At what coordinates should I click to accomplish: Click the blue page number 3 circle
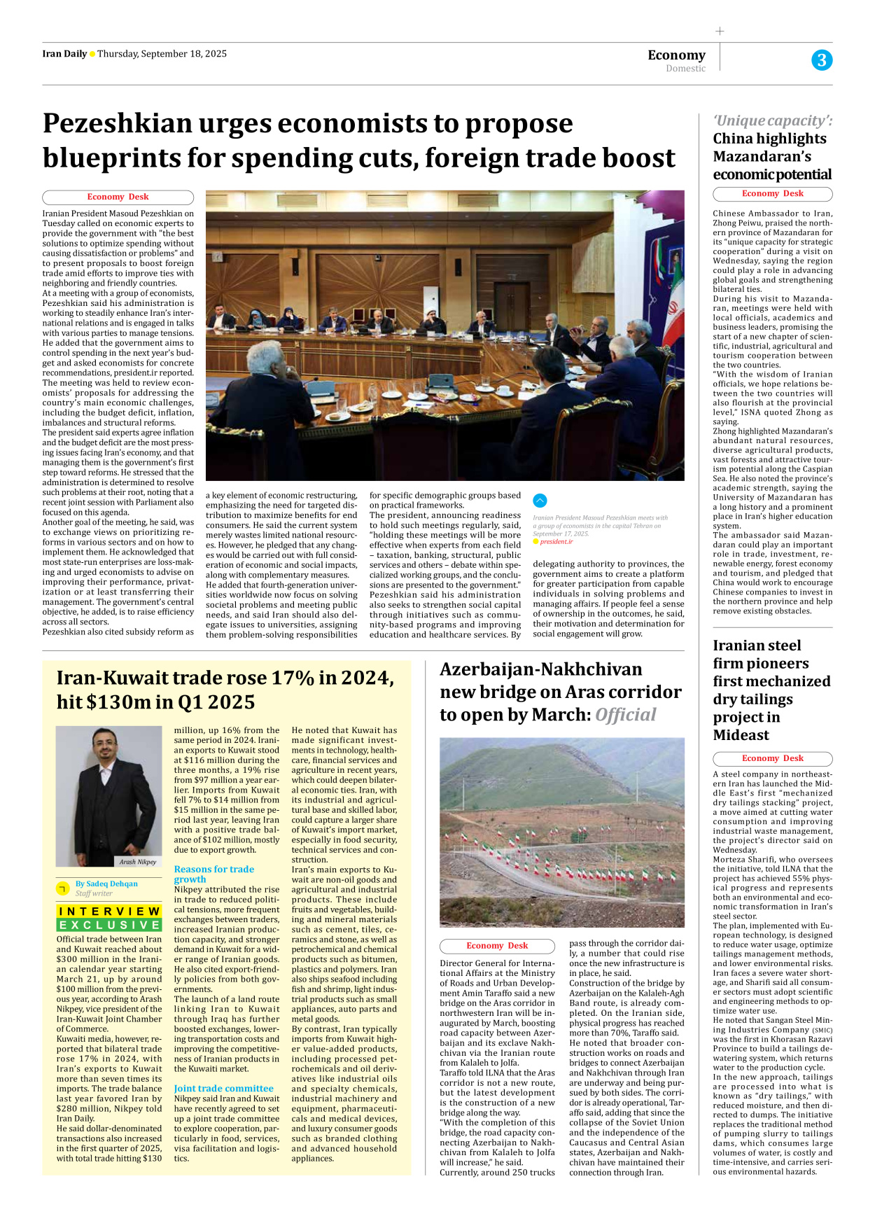coord(822,60)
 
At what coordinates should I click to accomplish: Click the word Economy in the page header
coord(676,55)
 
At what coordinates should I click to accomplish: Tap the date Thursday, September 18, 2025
coord(162,54)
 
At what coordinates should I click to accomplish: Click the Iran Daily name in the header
coord(64,54)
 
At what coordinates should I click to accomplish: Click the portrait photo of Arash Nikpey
coord(108,795)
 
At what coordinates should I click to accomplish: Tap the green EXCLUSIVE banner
coord(109,925)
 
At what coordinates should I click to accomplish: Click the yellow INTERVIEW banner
coord(109,911)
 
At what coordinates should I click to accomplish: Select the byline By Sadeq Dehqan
coord(106,884)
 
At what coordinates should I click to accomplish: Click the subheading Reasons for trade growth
coord(213,874)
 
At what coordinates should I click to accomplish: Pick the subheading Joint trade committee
coord(223,1088)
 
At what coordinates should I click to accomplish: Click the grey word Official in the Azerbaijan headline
coord(626,715)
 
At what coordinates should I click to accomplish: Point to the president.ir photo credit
coord(556,542)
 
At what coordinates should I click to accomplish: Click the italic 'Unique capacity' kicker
coord(772,120)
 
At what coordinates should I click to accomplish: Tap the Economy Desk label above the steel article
coord(772,758)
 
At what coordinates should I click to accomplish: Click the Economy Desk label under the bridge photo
coord(497,946)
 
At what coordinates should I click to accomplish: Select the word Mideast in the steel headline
coord(741,735)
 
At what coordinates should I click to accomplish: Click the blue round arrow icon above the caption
coord(540,501)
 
